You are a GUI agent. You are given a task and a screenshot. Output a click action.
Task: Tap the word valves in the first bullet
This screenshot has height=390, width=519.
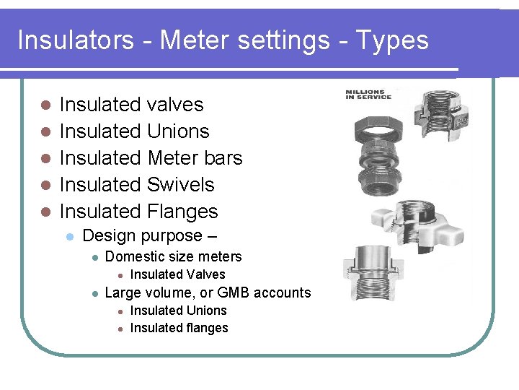click(175, 105)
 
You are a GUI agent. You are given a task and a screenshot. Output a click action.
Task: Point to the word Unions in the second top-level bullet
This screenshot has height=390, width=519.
click(178, 131)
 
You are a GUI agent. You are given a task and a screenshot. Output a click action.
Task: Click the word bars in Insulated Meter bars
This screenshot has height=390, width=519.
click(223, 158)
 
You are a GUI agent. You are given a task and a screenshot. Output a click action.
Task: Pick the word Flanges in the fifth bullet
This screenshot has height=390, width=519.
click(182, 212)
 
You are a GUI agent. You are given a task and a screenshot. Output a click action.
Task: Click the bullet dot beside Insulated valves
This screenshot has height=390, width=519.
click(45, 105)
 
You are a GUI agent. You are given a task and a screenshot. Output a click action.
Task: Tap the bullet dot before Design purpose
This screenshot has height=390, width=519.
click(70, 237)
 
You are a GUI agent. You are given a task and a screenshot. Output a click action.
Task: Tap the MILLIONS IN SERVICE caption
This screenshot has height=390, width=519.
click(368, 95)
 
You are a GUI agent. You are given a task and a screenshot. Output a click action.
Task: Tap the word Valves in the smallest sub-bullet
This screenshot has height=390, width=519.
click(207, 274)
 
